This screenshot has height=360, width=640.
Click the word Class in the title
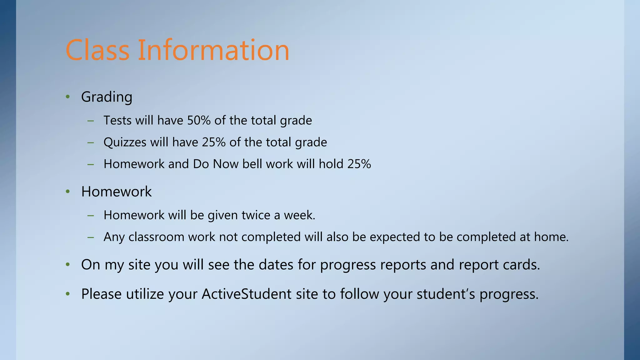(97, 50)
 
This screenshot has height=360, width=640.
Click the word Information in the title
(213, 50)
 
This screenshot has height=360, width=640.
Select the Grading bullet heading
(107, 97)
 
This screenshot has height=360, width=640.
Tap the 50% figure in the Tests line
(199, 120)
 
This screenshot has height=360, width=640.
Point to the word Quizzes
(125, 142)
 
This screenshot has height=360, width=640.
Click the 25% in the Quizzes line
(214, 142)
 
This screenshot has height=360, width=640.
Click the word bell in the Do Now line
(252, 164)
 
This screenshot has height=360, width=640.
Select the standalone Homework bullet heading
(116, 192)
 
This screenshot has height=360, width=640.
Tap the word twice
(256, 215)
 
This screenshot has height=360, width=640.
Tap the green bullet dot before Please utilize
(67, 294)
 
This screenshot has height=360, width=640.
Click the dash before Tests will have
(91, 121)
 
